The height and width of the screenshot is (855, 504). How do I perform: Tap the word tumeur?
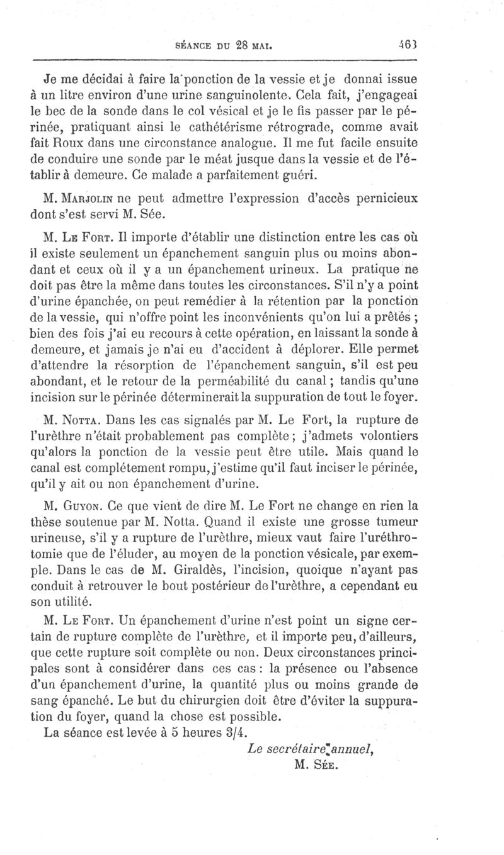pyautogui.click(x=396, y=520)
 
